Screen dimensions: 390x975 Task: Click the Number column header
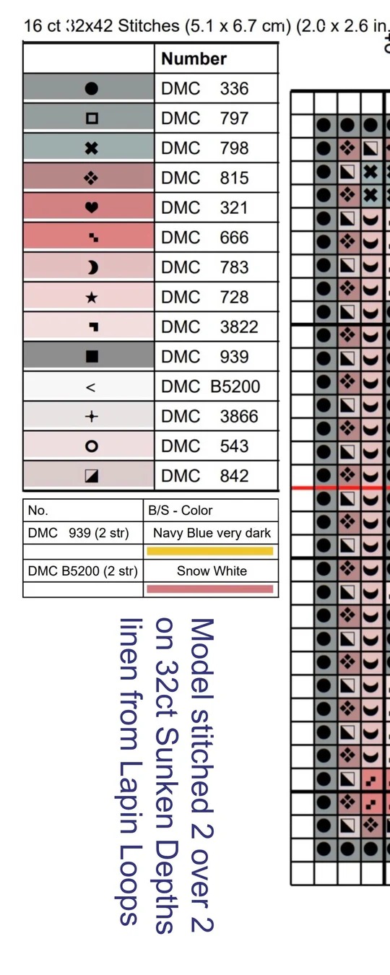pyautogui.click(x=194, y=58)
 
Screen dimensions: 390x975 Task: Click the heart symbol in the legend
pyautogui.click(x=92, y=207)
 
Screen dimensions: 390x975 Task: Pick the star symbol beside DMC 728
pyautogui.click(x=92, y=298)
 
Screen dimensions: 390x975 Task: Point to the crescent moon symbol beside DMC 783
pyautogui.click(x=92, y=267)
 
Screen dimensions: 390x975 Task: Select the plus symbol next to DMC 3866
pyautogui.click(x=92, y=417)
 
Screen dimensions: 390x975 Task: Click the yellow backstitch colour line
pyautogui.click(x=210, y=551)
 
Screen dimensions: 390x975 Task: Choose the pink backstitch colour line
pyautogui.click(x=210, y=589)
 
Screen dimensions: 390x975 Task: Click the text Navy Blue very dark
pyautogui.click(x=212, y=533)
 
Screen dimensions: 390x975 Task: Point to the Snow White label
pyautogui.click(x=212, y=571)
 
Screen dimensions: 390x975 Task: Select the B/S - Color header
pyautogui.click(x=181, y=510)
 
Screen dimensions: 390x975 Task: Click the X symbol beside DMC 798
pyautogui.click(x=92, y=149)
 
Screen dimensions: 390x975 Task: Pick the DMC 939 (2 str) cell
pyautogui.click(x=78, y=533)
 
